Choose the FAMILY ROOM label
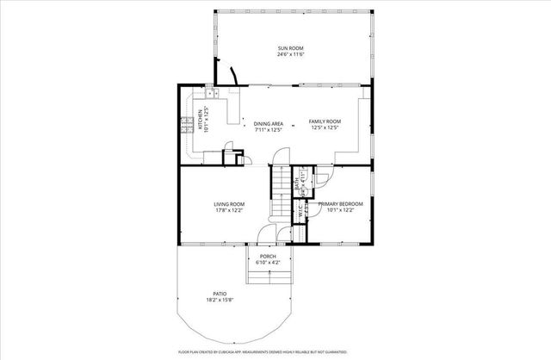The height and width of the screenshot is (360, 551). tap(325, 122)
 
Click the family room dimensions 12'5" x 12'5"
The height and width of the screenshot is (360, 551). tap(325, 129)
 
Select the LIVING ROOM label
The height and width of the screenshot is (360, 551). tap(230, 203)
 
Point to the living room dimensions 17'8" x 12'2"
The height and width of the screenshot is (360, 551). tap(230, 210)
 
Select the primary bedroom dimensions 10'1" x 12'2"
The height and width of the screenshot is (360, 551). tap(339, 210)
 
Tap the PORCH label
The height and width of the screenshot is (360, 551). tap(267, 256)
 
